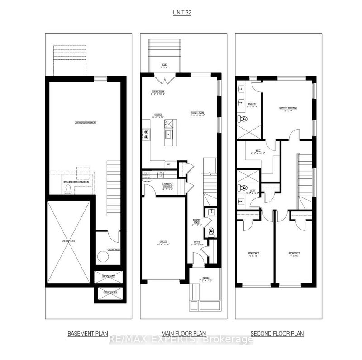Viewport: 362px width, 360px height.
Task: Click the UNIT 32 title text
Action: pyautogui.click(x=181, y=13)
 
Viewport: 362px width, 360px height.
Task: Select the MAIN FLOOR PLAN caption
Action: pyautogui.click(x=181, y=334)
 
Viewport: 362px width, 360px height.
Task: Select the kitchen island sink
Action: pyautogui.click(x=168, y=134)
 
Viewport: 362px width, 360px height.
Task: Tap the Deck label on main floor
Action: pyautogui.click(x=164, y=66)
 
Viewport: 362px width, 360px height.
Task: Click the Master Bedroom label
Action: pyautogui.click(x=287, y=109)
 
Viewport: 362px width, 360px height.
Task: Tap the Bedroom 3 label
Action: pyautogui.click(x=253, y=254)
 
